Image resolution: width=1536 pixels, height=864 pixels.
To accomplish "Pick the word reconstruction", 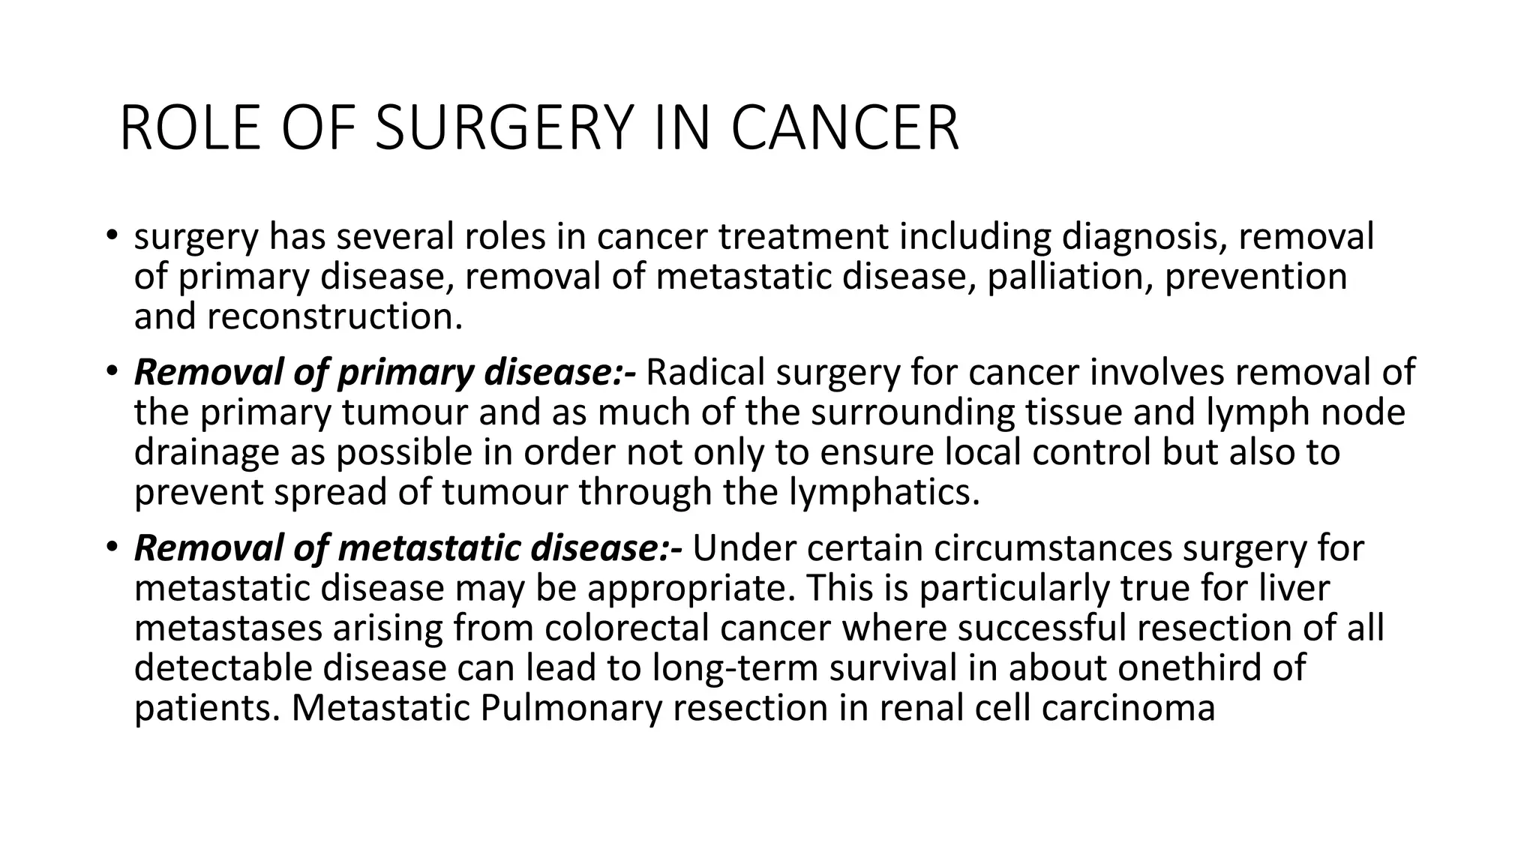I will click(x=334, y=317).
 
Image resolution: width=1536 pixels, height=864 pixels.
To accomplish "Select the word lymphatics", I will click(x=884, y=493).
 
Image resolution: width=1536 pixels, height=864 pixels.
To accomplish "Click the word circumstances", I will click(x=1052, y=549).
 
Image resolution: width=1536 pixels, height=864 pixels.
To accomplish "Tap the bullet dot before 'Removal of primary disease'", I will click(x=112, y=370).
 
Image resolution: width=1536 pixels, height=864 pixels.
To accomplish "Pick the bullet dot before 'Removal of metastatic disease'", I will click(x=112, y=547).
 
